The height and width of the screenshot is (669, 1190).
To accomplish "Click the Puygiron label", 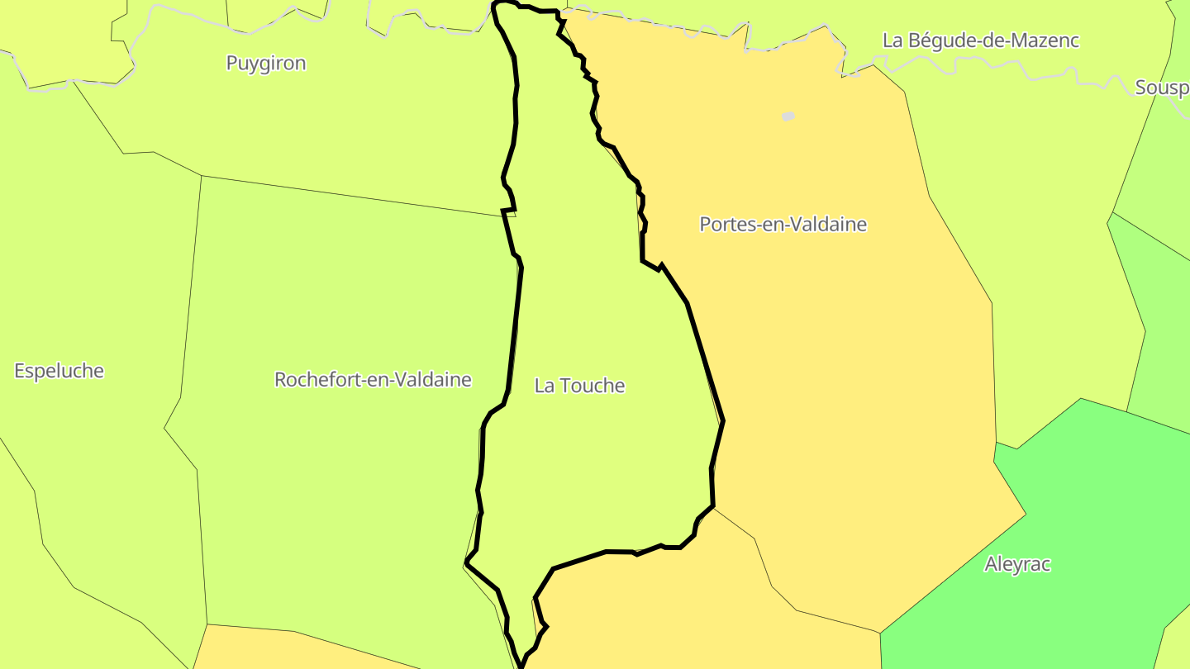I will pyautogui.click(x=266, y=64).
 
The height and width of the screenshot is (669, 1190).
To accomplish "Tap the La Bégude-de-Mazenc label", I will pyautogui.click(x=981, y=40).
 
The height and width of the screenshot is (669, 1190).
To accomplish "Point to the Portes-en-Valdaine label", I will pyautogui.click(x=783, y=224).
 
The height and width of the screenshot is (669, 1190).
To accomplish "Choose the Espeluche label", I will pyautogui.click(x=59, y=371).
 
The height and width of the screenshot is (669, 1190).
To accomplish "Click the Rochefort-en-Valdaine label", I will pyautogui.click(x=373, y=380).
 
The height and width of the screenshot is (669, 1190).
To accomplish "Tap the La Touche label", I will pyautogui.click(x=579, y=386).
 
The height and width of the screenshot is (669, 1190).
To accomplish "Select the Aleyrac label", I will pyautogui.click(x=1017, y=564).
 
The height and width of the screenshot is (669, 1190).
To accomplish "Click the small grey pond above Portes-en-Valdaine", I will pyautogui.click(x=788, y=116).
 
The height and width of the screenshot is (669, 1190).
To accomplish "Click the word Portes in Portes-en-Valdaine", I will pyautogui.click(x=724, y=224).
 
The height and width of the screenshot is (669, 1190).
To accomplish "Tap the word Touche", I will pyautogui.click(x=592, y=386).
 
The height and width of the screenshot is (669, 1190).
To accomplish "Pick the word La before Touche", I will pyautogui.click(x=544, y=386).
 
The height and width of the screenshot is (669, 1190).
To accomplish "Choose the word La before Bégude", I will pyautogui.click(x=892, y=40).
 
